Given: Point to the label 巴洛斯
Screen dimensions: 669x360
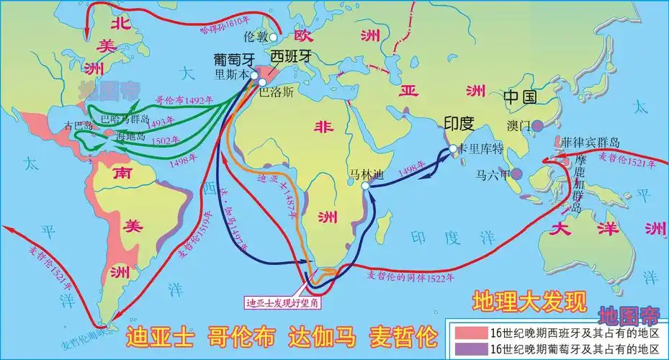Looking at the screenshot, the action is click(x=276, y=92).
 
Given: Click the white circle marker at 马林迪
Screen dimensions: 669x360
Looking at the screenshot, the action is click(x=366, y=186).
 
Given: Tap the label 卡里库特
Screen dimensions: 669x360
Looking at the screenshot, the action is click(x=481, y=149).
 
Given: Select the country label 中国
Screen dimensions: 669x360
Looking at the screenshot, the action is click(x=521, y=96).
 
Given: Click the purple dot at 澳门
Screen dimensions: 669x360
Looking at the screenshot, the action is click(x=538, y=125).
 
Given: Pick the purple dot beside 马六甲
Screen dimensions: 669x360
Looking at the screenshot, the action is click(x=516, y=174).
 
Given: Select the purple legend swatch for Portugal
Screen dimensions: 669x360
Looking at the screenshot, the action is click(x=469, y=348).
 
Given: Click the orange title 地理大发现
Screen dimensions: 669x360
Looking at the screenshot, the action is click(x=529, y=301).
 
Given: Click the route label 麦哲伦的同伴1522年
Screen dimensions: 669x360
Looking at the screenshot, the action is click(x=411, y=276).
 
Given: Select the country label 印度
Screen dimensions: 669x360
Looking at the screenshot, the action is click(x=458, y=122).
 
